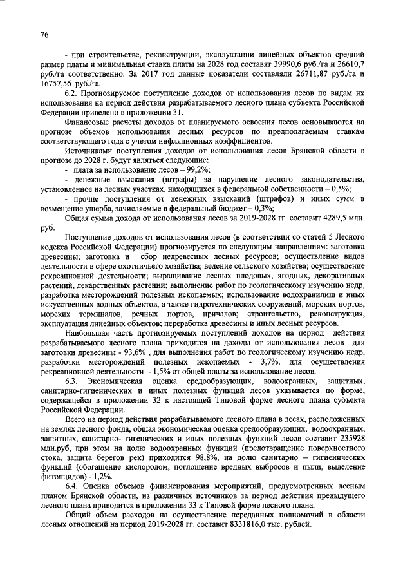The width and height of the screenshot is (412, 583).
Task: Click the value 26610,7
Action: pos(351,65)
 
